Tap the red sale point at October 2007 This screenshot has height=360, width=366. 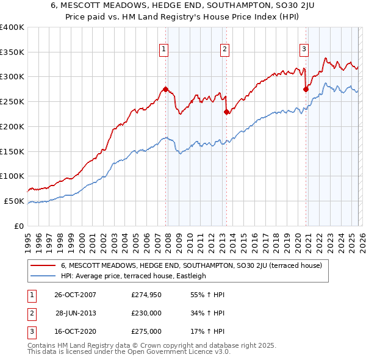pyautogui.click(x=165, y=89)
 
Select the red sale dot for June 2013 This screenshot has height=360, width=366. pyautogui.click(x=226, y=112)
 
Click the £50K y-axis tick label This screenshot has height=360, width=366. pyautogui.click(x=14, y=201)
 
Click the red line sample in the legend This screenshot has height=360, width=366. pyautogui.click(x=43, y=265)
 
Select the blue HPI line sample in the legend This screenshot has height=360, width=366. pyautogui.click(x=43, y=276)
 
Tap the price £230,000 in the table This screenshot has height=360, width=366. pyautogui.click(x=146, y=313)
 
